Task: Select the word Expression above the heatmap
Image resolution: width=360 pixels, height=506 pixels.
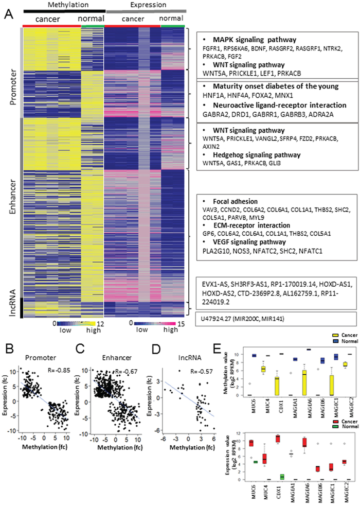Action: coord(146,5)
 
